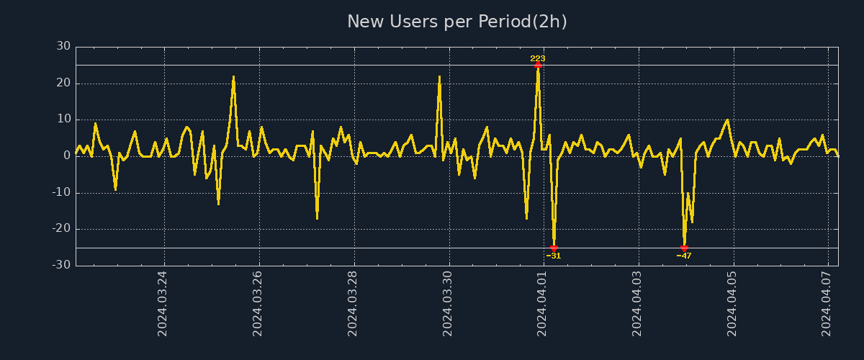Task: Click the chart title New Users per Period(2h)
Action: point(457,22)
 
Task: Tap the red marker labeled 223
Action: point(538,65)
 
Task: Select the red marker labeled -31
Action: point(554,248)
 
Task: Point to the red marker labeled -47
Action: point(684,248)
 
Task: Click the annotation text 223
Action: point(538,58)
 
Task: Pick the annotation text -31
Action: point(554,256)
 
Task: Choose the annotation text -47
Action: point(684,256)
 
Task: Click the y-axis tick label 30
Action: point(63,46)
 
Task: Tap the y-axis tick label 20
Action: point(63,83)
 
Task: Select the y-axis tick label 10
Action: point(63,120)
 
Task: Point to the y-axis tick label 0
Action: point(67,156)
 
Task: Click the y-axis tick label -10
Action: point(61,192)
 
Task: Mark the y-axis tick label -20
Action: point(61,229)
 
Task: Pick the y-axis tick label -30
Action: point(61,265)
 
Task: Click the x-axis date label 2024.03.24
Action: point(163,303)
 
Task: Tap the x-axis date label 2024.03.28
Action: point(353,303)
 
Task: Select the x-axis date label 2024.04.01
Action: point(543,303)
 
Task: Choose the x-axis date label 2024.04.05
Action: point(733,303)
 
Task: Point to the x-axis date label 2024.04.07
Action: point(828,303)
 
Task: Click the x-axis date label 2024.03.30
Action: point(448,303)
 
